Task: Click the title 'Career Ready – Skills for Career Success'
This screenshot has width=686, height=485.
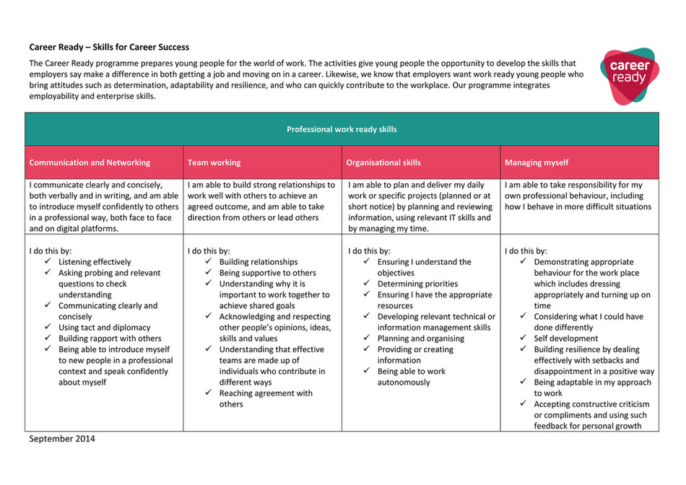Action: pyautogui.click(x=109, y=48)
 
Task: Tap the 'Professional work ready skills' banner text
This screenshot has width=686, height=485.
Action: pyautogui.click(x=342, y=130)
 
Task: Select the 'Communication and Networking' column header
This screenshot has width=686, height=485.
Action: pyautogui.click(x=90, y=163)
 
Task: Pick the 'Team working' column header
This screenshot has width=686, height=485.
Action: pyautogui.click(x=214, y=163)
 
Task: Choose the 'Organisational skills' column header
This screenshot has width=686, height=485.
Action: pyautogui.click(x=383, y=163)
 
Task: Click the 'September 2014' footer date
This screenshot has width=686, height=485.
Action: pyautogui.click(x=61, y=439)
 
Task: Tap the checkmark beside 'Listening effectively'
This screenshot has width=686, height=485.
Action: pyautogui.click(x=48, y=262)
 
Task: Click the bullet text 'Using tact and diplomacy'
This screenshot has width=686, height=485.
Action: pyautogui.click(x=105, y=328)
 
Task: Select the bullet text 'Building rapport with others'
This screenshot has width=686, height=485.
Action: pyautogui.click(x=110, y=338)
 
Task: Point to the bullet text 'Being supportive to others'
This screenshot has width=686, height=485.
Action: pyautogui.click(x=267, y=273)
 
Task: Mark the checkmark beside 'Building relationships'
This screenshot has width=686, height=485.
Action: pyautogui.click(x=208, y=262)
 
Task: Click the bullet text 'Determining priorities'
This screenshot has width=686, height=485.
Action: pyautogui.click(x=417, y=284)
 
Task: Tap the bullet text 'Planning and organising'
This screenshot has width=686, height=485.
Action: pyautogui.click(x=421, y=338)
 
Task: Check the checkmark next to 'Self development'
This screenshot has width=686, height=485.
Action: pyautogui.click(x=524, y=338)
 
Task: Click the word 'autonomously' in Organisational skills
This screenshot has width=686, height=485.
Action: pyautogui.click(x=404, y=383)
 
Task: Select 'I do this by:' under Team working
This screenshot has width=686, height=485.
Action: pyautogui.click(x=210, y=251)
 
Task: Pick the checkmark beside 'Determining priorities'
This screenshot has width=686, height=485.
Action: pyautogui.click(x=367, y=284)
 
